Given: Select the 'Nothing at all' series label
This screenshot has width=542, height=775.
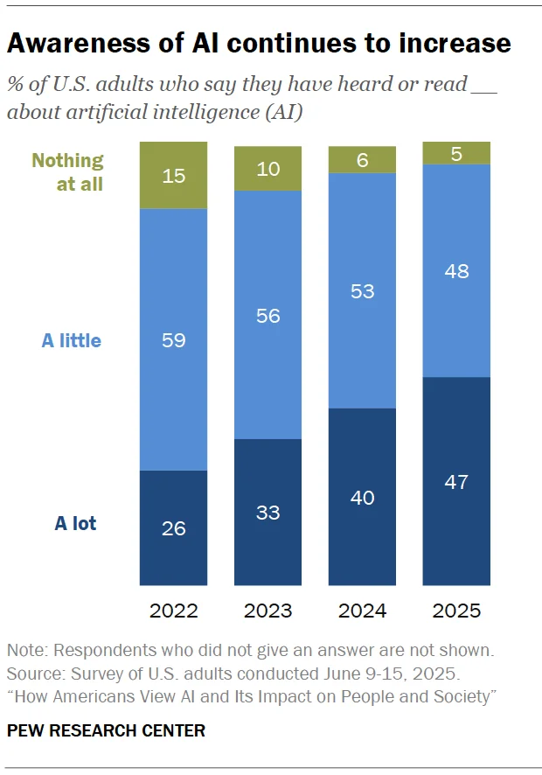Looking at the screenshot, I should coord(67,172).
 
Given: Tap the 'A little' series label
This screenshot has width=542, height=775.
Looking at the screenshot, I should coord(72,340).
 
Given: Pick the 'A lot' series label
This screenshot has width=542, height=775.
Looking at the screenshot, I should coord(75,524).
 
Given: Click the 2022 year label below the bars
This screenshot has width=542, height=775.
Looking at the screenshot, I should coord(173,611).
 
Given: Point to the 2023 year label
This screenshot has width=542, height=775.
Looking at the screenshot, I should coord(268,611).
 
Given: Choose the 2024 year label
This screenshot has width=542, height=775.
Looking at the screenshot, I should coord(362,611).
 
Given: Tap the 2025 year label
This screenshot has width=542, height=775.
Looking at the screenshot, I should coord(456,611).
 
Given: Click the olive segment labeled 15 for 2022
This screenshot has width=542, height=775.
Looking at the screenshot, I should coord(173,175).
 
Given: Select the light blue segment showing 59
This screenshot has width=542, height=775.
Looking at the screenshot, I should coord(173,339).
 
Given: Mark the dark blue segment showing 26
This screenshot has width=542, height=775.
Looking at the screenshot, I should coord(173,527).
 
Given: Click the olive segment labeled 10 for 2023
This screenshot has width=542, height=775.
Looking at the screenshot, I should coord(268,169).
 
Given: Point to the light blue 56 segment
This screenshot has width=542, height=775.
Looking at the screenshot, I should coord(268,315).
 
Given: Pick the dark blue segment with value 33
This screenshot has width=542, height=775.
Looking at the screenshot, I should coord(268,512).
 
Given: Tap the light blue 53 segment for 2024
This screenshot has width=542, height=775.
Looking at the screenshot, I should coord(362,290).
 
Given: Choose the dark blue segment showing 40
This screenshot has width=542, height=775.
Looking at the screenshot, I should coord(362,497).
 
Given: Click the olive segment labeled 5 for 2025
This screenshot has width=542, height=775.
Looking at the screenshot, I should coord(456,153).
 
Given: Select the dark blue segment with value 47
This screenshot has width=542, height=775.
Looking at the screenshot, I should coord(456,481).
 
